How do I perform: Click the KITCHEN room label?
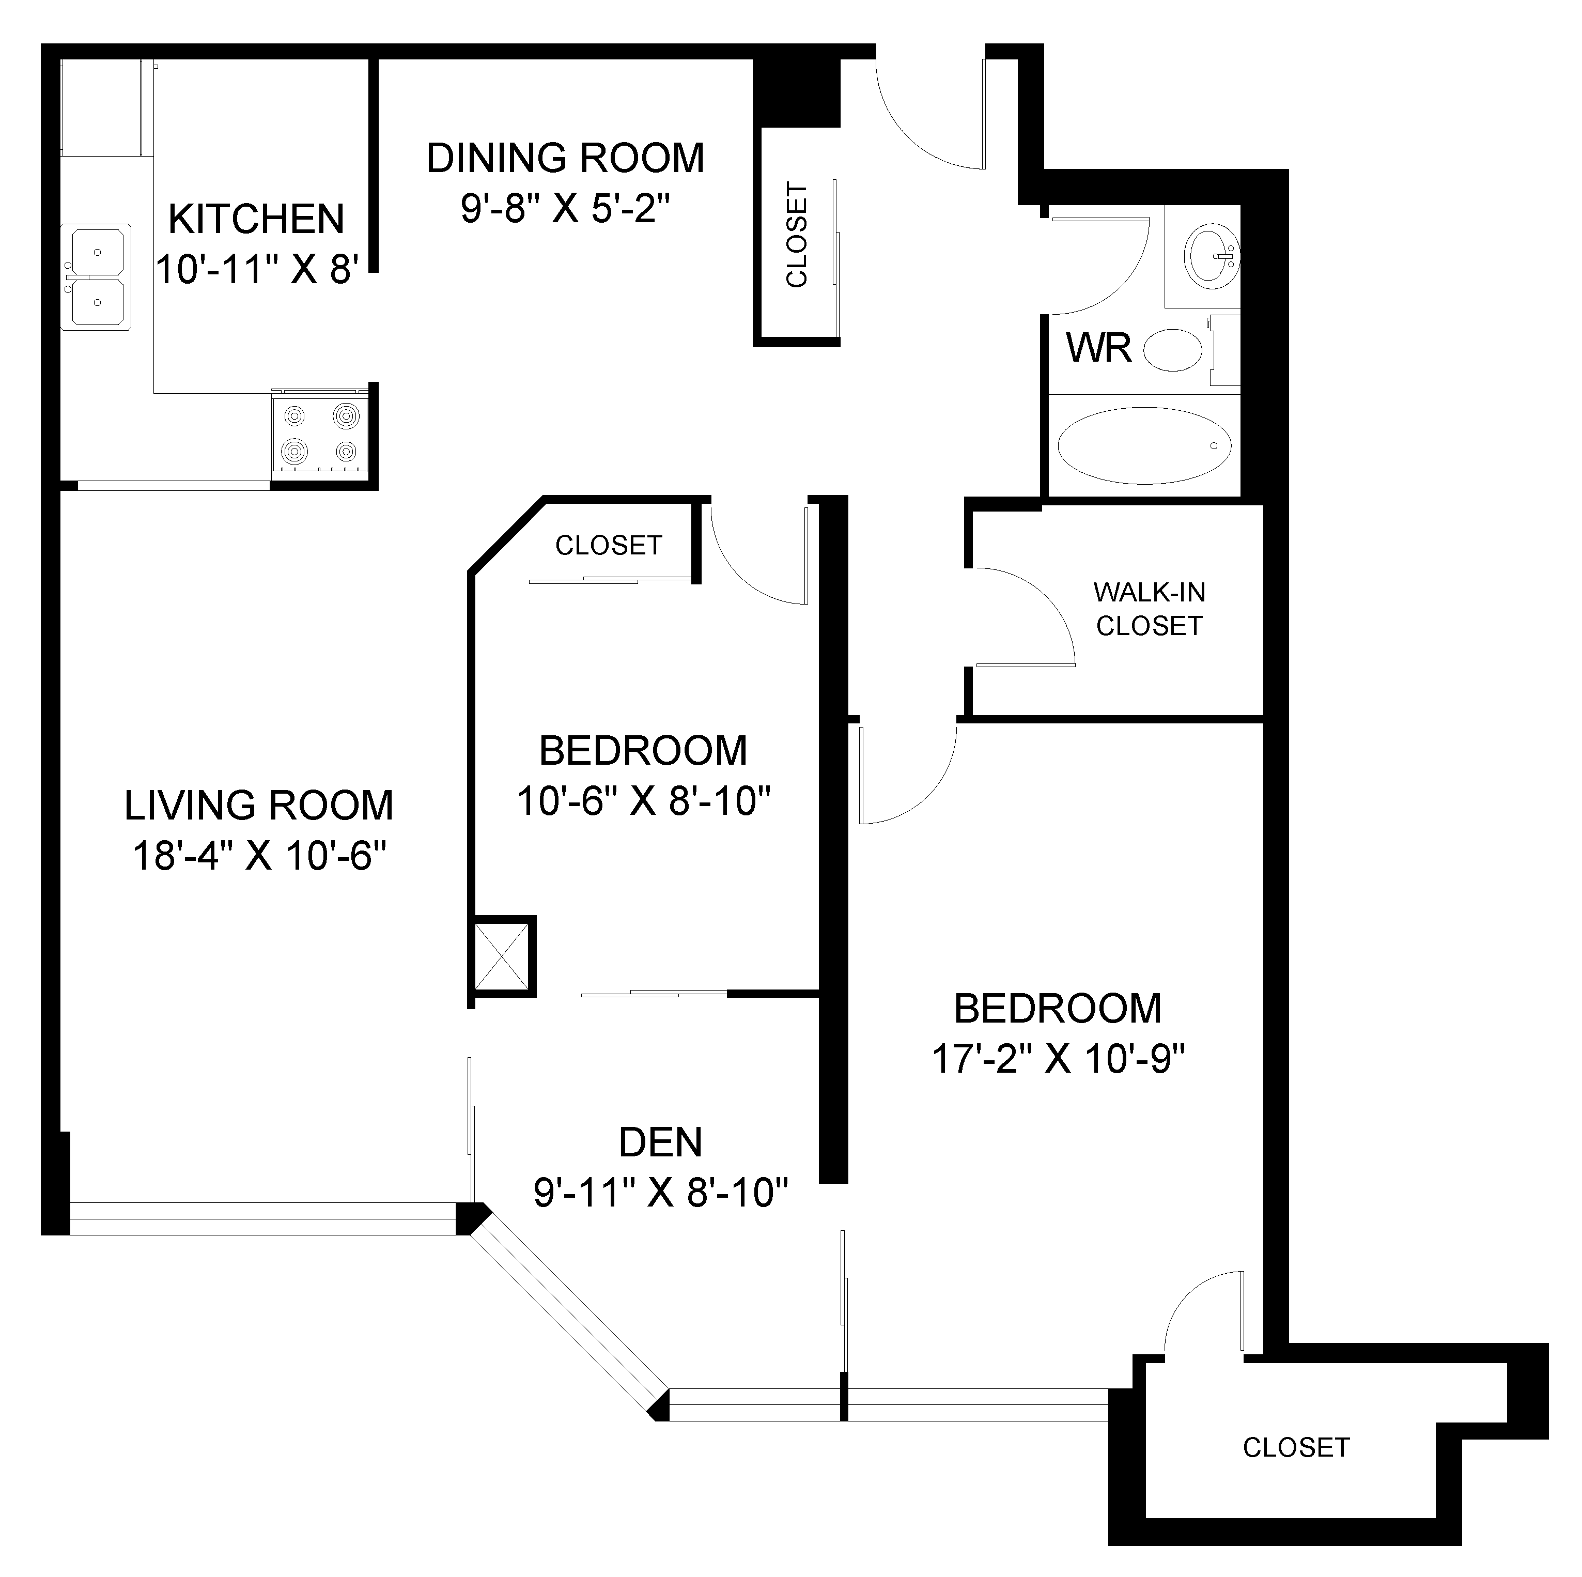click(x=256, y=220)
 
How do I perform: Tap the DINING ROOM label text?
click(x=565, y=158)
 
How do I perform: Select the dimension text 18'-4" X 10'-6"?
click(x=259, y=857)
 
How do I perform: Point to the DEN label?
click(x=660, y=1143)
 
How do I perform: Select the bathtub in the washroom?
click(x=1144, y=446)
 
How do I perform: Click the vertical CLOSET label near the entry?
click(x=796, y=235)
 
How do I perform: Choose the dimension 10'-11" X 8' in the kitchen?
click(x=257, y=269)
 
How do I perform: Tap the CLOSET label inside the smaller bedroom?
click(x=609, y=545)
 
